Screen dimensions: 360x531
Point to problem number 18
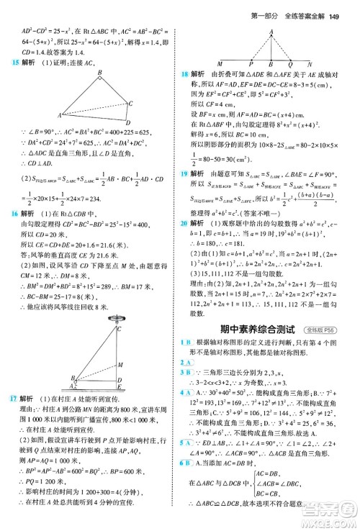point(186,73)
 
